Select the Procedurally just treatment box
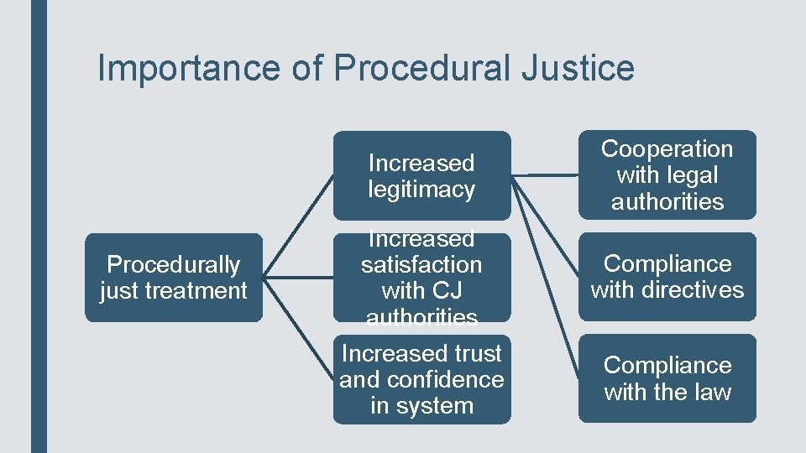point(173,278)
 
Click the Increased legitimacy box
point(421,175)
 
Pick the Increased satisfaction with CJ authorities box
point(421,278)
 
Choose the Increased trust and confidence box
point(421,379)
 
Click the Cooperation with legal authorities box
point(667,174)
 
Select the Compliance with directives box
point(667,277)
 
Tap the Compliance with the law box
point(667,378)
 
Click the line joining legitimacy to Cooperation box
point(544,175)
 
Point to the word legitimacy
point(421,190)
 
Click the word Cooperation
point(667,149)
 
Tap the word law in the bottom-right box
point(714,392)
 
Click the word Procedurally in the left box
point(173,265)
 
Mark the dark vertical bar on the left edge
point(39,226)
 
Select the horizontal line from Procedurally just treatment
point(298,278)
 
